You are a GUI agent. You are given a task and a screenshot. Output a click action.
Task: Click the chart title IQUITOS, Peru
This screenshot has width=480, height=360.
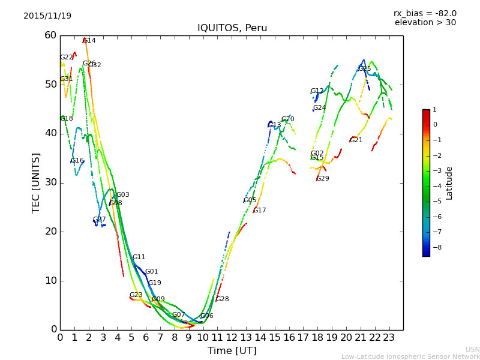(232, 28)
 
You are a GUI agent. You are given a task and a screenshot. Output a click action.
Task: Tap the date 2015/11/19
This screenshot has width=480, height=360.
(47, 16)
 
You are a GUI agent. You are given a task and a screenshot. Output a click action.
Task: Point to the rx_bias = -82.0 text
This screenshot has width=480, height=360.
(425, 14)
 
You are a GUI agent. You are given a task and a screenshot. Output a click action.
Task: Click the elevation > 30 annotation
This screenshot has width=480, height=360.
(425, 23)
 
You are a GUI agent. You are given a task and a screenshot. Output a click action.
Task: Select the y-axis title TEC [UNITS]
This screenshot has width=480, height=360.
(37, 182)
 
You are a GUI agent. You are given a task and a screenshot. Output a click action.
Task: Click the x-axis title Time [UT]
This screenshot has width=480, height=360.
(232, 351)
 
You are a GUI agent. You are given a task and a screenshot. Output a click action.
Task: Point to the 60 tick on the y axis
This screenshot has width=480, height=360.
(50, 35)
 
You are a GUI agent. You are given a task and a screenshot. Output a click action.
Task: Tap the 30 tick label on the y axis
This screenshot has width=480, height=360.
(50, 182)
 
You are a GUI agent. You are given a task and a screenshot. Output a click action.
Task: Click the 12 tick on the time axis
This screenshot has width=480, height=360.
(232, 338)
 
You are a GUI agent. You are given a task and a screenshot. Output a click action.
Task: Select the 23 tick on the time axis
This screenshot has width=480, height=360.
(389, 338)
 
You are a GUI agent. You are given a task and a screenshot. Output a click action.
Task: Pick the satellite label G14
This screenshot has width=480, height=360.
(89, 41)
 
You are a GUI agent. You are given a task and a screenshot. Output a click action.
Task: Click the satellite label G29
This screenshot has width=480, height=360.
(323, 179)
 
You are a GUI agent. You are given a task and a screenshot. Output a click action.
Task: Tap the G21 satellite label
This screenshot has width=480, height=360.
(356, 140)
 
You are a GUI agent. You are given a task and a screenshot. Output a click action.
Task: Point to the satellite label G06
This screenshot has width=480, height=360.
(207, 316)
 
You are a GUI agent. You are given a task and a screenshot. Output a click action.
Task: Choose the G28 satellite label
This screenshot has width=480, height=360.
(223, 299)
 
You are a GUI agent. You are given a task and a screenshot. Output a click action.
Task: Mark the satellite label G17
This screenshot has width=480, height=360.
(260, 211)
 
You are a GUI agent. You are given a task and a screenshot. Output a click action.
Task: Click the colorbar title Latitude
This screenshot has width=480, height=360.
(449, 183)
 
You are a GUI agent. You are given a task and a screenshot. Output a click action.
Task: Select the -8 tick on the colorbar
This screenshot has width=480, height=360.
(436, 247)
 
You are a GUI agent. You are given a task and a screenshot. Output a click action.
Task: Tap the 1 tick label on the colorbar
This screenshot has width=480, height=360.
(434, 110)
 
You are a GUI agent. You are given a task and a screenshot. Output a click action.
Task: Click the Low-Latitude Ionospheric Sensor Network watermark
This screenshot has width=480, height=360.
(410, 357)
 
